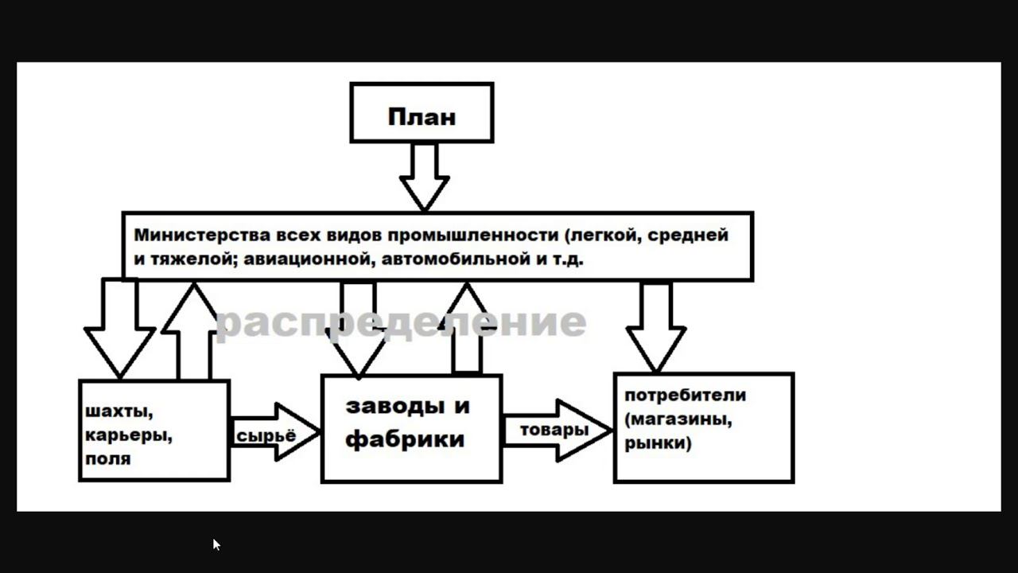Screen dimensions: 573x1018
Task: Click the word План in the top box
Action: point(422,117)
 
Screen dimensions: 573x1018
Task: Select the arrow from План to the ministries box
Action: point(424,176)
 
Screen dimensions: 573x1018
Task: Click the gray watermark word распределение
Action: point(400,322)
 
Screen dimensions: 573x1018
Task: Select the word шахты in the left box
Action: point(118,411)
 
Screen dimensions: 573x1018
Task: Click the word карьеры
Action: point(128,435)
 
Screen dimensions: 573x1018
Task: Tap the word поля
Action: point(108,459)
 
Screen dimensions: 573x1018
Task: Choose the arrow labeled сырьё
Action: point(274,432)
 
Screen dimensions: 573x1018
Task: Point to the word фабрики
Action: point(405,439)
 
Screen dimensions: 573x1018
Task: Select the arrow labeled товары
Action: point(557,431)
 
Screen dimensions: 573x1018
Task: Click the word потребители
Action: point(685,396)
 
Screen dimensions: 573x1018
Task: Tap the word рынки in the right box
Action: point(656,443)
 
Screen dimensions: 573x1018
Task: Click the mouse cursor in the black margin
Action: point(216,544)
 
